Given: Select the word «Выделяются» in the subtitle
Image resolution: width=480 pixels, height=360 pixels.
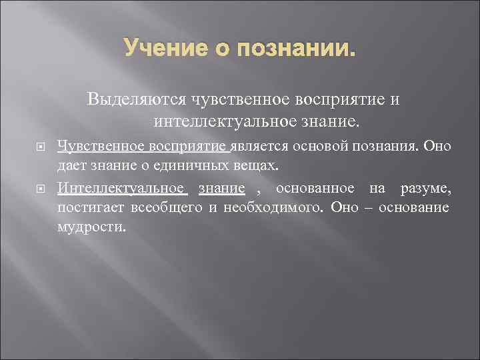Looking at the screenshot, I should click(137, 100).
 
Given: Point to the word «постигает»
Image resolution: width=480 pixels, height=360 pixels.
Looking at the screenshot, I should click(89, 208).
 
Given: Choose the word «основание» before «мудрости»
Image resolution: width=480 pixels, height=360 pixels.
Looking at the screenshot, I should click(413, 208).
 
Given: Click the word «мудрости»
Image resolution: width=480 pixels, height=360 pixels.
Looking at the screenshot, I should click(91, 226).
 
